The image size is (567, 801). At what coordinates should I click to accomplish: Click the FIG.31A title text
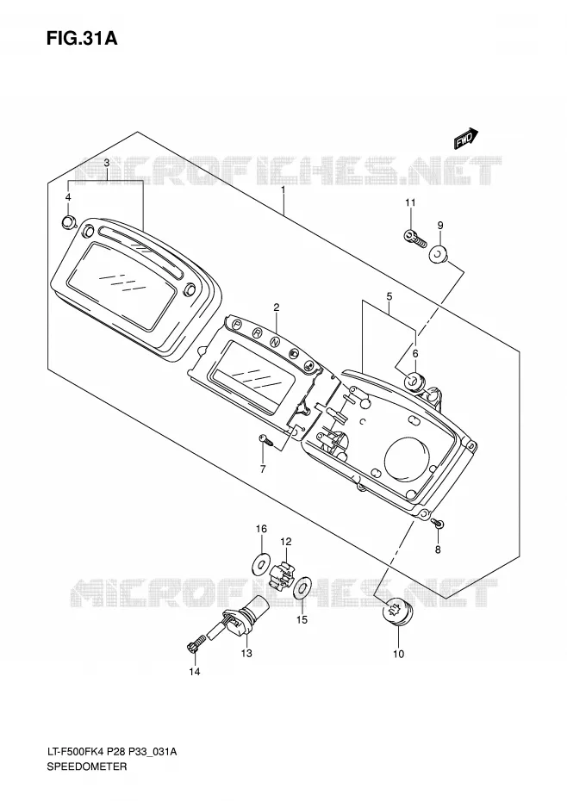click(x=82, y=38)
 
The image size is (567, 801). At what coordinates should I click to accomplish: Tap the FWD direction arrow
click(x=466, y=139)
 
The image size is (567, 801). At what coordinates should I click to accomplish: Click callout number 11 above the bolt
click(x=410, y=202)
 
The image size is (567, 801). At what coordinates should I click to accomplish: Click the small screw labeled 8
click(x=439, y=523)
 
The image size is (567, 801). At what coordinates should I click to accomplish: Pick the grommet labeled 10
click(x=398, y=611)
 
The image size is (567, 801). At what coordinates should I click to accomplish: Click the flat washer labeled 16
click(x=261, y=563)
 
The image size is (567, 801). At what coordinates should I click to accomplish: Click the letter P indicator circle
click(x=237, y=324)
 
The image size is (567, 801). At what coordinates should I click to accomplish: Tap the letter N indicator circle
click(x=275, y=341)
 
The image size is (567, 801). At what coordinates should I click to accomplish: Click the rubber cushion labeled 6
click(x=412, y=381)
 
